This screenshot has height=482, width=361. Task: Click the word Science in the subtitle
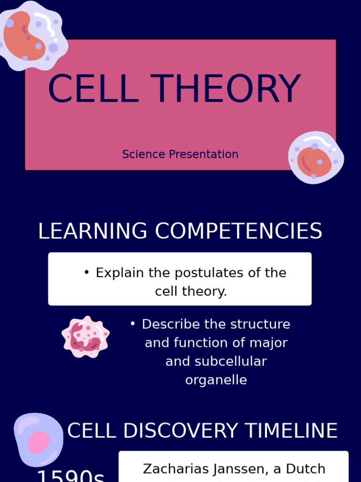click(x=143, y=154)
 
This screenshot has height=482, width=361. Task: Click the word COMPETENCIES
click(x=238, y=231)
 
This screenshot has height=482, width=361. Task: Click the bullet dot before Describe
click(x=133, y=324)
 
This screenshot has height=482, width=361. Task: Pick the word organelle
click(x=216, y=380)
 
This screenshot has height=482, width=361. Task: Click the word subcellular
click(x=216, y=361)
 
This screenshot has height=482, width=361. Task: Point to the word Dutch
click(x=306, y=469)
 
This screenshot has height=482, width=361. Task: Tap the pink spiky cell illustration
click(x=86, y=337)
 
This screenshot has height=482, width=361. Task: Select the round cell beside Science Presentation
click(x=315, y=158)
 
